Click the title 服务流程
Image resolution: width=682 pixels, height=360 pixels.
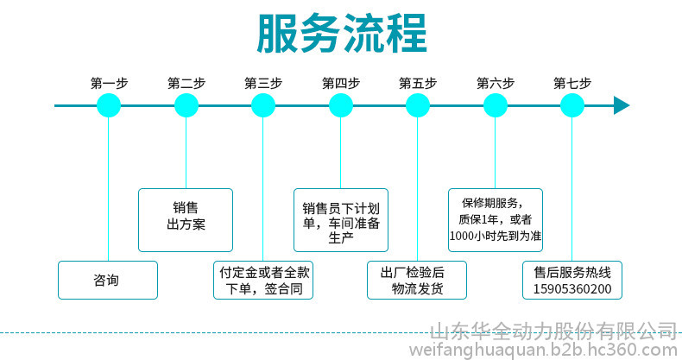pyautogui.click(x=341, y=35)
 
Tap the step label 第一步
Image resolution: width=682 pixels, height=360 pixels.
pyautogui.click(x=109, y=84)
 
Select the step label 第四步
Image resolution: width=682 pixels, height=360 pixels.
pyautogui.click(x=340, y=84)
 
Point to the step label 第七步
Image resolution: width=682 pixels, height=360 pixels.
pyautogui.click(x=572, y=84)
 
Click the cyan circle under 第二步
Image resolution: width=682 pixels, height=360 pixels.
pyautogui.click(x=186, y=105)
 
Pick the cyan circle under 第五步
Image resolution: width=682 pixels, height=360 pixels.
pyautogui.click(x=418, y=105)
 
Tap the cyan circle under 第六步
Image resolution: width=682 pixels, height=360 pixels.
pyautogui.click(x=496, y=105)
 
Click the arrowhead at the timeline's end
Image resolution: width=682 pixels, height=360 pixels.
pyautogui.click(x=621, y=105)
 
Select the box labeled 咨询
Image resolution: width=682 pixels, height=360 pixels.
pyautogui.click(x=108, y=280)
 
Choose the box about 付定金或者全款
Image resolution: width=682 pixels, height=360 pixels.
pyautogui.click(x=263, y=280)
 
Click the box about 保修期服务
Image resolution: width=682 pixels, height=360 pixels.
pyautogui.click(x=496, y=219)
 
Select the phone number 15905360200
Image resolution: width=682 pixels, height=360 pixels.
pyautogui.click(x=573, y=288)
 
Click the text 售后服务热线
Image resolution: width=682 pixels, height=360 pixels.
pyautogui.click(x=573, y=271)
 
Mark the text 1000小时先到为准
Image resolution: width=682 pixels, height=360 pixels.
pyautogui.click(x=496, y=235)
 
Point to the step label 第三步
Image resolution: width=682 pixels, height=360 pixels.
pyautogui.click(x=263, y=84)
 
